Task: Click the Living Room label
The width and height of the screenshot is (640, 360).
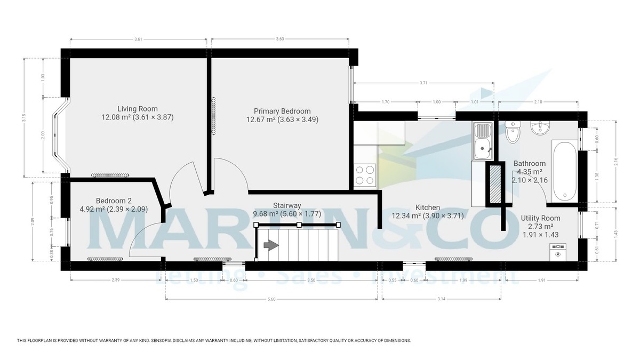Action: point(138,109)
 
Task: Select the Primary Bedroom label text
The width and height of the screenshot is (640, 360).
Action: point(282,111)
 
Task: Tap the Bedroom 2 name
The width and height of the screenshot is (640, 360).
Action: point(98,201)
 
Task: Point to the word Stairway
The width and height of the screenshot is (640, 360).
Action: point(287,205)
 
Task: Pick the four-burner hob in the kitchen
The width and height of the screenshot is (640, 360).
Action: point(365,174)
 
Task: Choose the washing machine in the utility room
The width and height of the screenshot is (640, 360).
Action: point(558,251)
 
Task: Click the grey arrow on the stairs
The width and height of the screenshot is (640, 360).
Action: point(271,245)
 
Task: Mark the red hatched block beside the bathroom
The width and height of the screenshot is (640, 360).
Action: point(495,184)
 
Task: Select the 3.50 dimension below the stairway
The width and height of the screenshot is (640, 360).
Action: point(312,280)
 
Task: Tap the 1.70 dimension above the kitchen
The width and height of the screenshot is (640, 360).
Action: point(385,102)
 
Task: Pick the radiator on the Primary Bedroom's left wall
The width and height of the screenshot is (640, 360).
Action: point(214,116)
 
